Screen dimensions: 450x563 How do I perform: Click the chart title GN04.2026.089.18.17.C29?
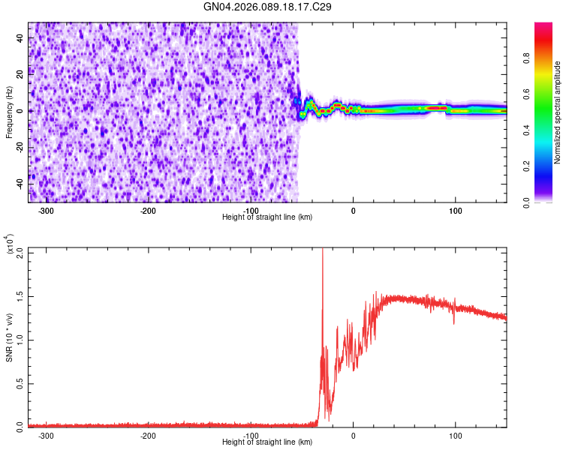coord(267,7)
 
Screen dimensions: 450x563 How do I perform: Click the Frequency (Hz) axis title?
coord(10,112)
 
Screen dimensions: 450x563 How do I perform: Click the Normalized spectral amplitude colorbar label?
coord(558,112)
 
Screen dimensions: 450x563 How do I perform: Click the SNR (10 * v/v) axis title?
coord(10,338)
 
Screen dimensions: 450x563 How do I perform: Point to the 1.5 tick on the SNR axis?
coord(20,296)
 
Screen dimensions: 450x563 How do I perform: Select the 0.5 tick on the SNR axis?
coord(20,383)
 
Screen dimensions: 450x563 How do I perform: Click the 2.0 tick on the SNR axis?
coord(20,253)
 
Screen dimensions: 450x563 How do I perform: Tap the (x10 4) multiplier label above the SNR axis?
coord(11,244)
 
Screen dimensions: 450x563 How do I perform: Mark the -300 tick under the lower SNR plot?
coord(47,435)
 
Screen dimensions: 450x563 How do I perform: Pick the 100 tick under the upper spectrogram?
coord(456,211)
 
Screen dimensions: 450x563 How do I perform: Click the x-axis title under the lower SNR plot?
coord(267,442)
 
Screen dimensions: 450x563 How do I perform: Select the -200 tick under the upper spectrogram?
coord(149,211)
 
